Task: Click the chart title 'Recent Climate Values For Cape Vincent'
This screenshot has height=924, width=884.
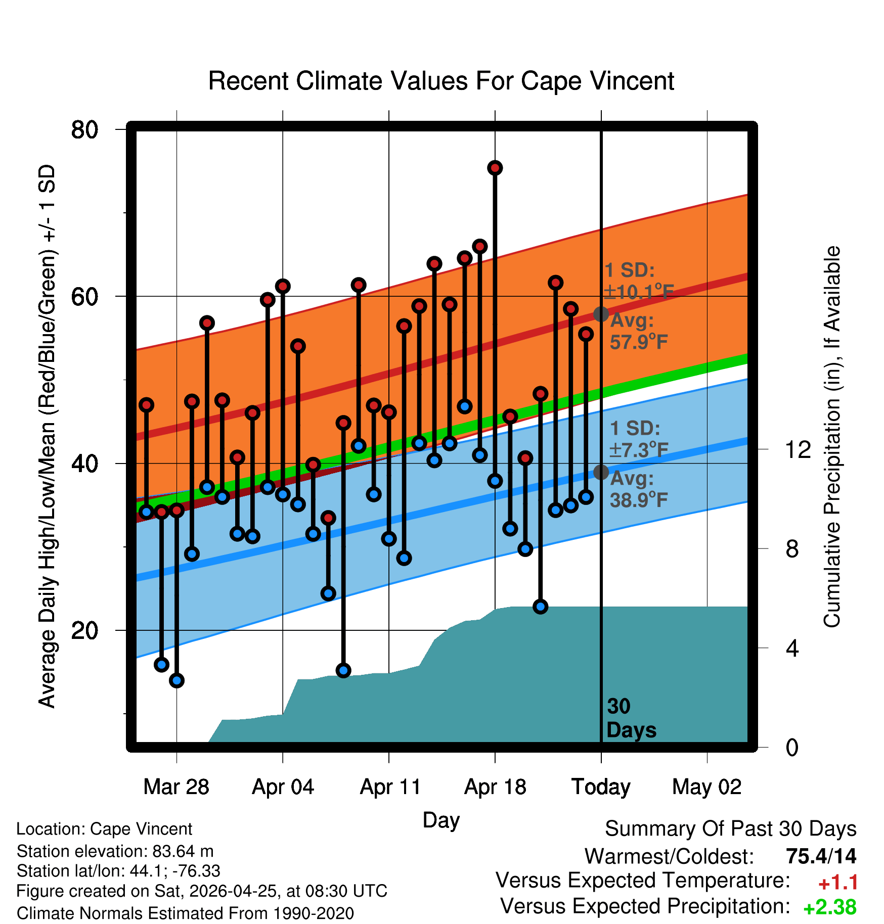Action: tap(441, 81)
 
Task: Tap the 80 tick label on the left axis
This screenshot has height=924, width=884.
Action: tap(84, 130)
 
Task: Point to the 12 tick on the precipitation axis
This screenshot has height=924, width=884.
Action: tap(799, 449)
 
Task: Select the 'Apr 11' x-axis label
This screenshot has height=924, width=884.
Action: tap(390, 787)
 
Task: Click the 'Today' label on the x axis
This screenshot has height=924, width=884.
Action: tap(601, 787)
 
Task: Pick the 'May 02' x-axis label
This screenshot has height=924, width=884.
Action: tap(706, 787)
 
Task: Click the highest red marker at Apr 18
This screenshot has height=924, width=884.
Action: tap(495, 168)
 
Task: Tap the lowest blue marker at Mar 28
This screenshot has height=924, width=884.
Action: tap(176, 680)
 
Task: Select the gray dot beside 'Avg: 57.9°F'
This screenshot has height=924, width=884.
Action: tap(601, 314)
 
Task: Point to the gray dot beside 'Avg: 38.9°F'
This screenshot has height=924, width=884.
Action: tap(601, 472)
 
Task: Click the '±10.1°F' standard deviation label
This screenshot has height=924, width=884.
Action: tap(639, 292)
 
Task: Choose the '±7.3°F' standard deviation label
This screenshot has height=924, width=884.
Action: tap(639, 449)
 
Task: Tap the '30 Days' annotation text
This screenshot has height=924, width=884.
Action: tap(631, 718)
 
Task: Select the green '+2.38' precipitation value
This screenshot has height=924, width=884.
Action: tap(830, 907)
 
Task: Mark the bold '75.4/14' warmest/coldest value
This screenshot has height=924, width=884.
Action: tap(821, 856)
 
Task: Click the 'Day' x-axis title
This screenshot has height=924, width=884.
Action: tap(441, 820)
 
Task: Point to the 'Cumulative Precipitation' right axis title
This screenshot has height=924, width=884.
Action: tap(832, 437)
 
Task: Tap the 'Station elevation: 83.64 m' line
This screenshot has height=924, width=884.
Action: tap(115, 851)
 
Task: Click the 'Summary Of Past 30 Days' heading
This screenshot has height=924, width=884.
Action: tap(731, 828)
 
